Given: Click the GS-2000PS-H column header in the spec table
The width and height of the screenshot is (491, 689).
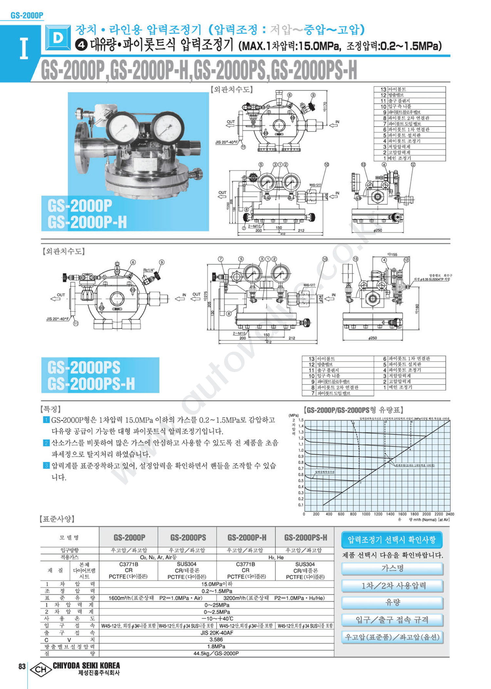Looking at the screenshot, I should [305, 537].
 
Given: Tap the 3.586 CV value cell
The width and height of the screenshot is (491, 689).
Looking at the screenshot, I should [216, 640].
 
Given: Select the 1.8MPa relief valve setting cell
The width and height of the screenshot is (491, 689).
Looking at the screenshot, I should [216, 646].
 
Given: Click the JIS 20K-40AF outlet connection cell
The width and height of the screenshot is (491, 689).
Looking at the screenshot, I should [216, 633].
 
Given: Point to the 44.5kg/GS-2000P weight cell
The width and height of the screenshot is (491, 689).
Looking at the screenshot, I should [216, 653].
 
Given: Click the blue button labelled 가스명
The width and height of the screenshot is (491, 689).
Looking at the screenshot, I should [392, 568].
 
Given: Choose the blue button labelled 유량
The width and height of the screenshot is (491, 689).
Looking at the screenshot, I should [392, 603].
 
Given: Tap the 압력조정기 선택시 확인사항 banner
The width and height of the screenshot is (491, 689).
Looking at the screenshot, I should [391, 540].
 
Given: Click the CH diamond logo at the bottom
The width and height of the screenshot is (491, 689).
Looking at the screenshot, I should [41, 669].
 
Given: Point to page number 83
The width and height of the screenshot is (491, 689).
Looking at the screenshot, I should [22, 666].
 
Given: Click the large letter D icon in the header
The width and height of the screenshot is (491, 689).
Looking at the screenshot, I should [58, 38].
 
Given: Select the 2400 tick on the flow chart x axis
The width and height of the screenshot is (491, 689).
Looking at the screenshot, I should [450, 514].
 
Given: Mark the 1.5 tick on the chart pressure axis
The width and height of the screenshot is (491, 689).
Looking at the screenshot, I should [301, 420].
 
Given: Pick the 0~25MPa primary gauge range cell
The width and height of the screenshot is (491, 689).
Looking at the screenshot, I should [216, 605].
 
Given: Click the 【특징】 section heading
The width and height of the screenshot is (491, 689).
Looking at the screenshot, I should [50, 409].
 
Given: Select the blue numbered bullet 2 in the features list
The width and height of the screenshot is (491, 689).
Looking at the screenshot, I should [46, 443].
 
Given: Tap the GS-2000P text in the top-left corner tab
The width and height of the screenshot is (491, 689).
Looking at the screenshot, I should [27, 15].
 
